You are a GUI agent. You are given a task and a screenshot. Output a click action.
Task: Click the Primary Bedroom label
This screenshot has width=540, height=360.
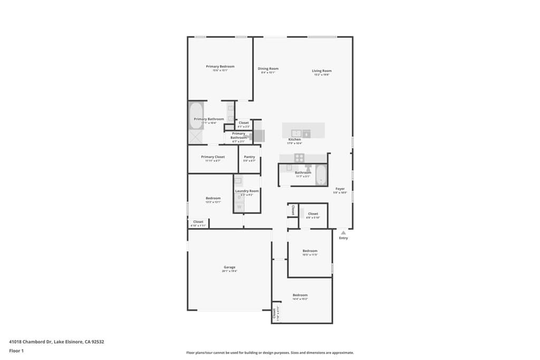pyautogui.click(x=220, y=66)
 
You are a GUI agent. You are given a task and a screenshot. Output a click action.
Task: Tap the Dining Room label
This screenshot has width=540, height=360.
pyautogui.click(x=268, y=69)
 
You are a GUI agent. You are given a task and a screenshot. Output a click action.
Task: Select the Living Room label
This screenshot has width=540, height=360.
pyautogui.click(x=322, y=71)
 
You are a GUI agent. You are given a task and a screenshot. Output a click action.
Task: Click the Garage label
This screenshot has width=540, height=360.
pyautogui.click(x=229, y=267)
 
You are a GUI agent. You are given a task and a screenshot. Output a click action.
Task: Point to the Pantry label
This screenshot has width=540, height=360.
pyautogui.click(x=249, y=157)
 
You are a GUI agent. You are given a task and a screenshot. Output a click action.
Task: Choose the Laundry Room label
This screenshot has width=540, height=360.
pyautogui.click(x=247, y=191)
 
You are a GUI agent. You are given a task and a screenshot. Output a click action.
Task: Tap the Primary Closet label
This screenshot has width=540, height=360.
pyautogui.click(x=213, y=157)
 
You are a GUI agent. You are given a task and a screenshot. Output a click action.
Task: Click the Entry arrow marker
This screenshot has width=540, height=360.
pyautogui.click(x=343, y=232)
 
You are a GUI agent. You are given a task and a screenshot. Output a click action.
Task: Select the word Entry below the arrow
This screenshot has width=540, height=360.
pyautogui.click(x=343, y=238)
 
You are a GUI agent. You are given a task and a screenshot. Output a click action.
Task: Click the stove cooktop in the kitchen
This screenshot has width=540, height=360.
pyautogui.click(x=299, y=157)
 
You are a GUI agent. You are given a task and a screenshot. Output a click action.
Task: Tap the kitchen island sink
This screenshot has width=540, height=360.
pyautogui.click(x=296, y=133)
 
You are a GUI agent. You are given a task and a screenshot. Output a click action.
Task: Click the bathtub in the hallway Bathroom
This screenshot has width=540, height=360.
pyautogui.click(x=321, y=176)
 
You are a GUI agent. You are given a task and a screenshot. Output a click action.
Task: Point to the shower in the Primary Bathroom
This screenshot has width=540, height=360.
pyautogui.click(x=196, y=137)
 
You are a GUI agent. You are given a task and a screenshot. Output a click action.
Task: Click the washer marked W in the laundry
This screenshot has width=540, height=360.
pyautogui.click(x=239, y=207)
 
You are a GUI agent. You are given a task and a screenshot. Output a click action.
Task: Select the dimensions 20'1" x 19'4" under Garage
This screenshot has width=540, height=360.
pyautogui.click(x=229, y=271)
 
